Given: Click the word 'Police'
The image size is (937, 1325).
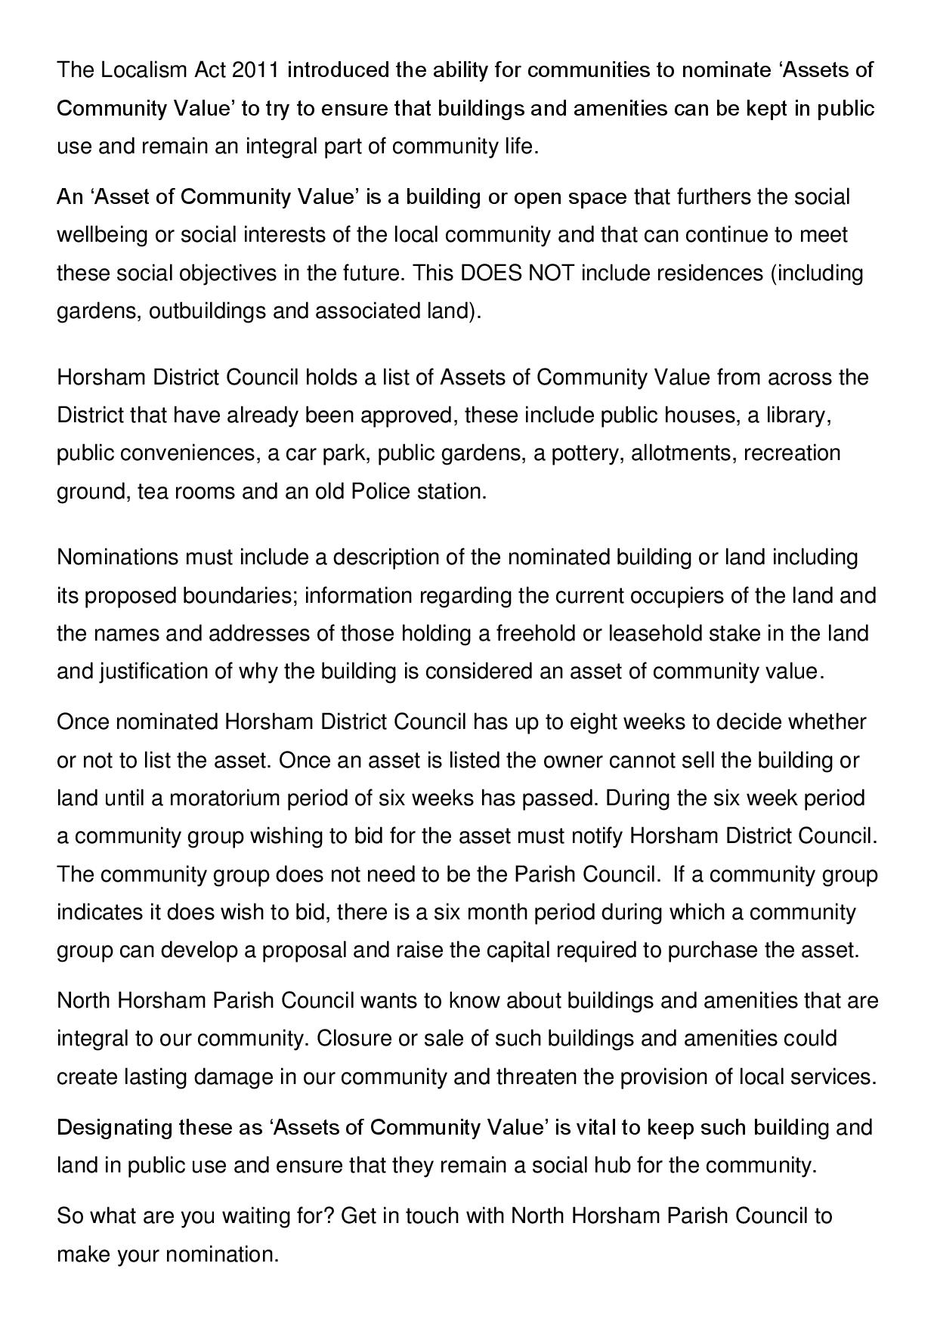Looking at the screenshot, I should click(x=381, y=492).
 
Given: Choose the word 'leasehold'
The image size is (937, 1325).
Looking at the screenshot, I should click(x=654, y=633).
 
